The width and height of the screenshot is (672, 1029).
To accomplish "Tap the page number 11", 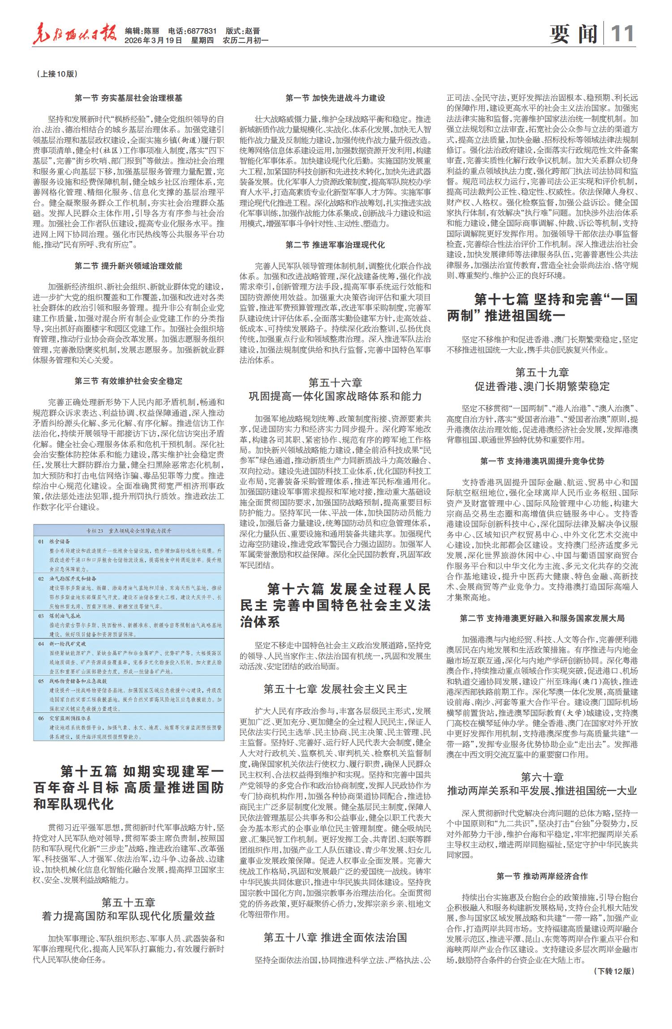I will (x=622, y=34).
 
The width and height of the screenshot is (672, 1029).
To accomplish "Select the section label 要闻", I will (x=573, y=34).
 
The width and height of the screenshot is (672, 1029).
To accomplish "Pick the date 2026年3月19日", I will (x=154, y=40).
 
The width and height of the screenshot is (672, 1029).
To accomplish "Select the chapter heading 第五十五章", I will (x=128, y=890).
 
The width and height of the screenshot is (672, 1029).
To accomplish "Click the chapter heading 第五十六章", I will (x=335, y=383).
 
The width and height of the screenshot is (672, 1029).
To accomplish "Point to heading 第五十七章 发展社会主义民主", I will (x=335, y=689).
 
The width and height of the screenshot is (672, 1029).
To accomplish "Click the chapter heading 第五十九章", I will (x=542, y=372).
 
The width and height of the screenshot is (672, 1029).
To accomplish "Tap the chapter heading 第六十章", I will (x=542, y=777).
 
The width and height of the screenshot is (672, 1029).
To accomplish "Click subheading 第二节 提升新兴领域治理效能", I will (x=129, y=266).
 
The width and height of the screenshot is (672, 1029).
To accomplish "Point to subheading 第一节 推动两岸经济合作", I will (x=542, y=876).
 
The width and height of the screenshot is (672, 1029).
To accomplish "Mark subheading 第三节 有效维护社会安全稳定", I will (x=129, y=381).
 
